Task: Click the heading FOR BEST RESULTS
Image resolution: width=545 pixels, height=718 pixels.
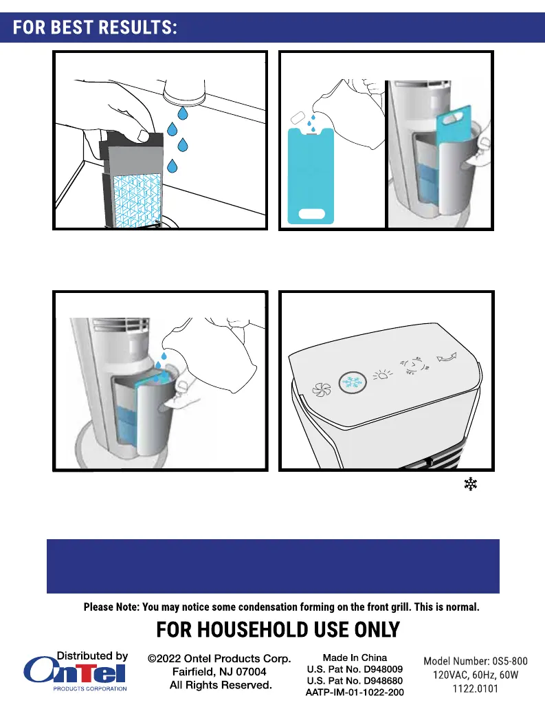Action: click(95, 28)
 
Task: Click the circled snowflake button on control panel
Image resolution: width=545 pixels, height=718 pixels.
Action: click(353, 382)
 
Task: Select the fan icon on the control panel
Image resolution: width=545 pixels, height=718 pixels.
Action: click(321, 390)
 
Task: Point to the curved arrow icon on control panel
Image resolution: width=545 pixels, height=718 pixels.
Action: click(447, 357)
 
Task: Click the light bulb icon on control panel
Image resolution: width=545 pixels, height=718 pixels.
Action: click(382, 376)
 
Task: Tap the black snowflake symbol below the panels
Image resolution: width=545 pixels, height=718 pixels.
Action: click(470, 484)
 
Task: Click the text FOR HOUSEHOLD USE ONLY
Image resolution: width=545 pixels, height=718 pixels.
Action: click(278, 629)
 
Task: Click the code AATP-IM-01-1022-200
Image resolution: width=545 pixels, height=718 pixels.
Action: click(355, 693)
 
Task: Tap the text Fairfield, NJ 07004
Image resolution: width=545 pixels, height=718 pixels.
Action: click(219, 672)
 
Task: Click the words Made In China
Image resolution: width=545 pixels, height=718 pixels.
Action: click(355, 657)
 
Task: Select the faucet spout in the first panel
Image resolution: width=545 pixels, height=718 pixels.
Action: click(184, 91)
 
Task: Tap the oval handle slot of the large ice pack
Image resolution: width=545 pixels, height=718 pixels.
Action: click(311, 214)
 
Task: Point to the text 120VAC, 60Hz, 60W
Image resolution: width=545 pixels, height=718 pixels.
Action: click(476, 675)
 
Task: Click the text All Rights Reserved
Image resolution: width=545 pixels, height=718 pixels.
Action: click(221, 685)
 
